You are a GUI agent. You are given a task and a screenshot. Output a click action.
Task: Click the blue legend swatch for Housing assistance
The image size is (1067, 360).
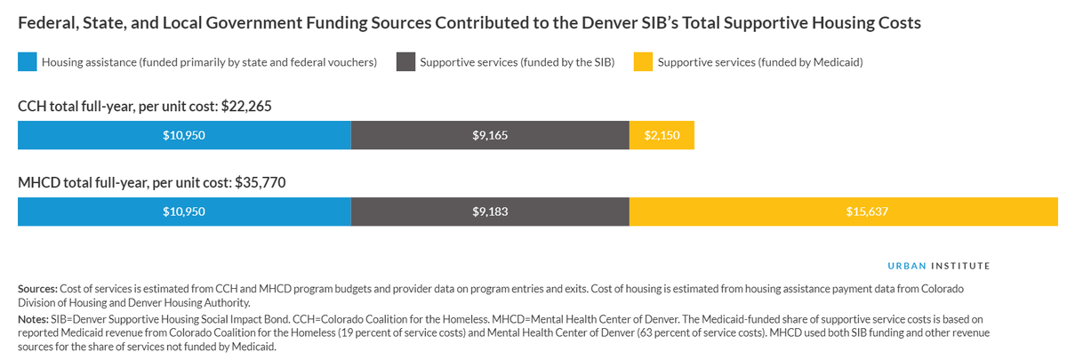coord(28,62)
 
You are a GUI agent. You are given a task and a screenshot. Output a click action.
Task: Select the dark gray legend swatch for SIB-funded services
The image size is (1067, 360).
coord(405,62)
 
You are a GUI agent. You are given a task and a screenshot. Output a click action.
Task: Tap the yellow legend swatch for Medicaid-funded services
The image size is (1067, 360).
coord(642,62)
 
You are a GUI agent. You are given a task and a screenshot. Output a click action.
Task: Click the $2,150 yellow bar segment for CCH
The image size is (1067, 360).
coord(662,136)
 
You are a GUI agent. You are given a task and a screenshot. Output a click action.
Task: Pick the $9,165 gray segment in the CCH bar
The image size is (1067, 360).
coord(490,136)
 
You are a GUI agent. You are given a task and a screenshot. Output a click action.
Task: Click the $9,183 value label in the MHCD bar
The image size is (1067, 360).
coord(490,212)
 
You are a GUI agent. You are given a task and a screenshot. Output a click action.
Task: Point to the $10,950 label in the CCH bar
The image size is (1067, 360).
coord(184,136)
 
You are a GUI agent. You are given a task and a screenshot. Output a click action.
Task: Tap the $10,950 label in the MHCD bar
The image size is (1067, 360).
coord(184,212)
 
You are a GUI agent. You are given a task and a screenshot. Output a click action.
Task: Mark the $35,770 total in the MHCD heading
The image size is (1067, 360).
coord(260,183)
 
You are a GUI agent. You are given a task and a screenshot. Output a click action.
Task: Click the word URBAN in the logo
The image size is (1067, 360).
coord(907,266)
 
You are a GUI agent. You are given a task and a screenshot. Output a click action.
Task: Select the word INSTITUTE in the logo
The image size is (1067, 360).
coord(960,266)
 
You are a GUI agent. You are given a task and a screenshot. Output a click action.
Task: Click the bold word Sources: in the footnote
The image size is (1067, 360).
coord(37,290)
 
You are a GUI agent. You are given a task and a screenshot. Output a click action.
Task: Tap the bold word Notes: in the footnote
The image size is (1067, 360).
coord(34,317)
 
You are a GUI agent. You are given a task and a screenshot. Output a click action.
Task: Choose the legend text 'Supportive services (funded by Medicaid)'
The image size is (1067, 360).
coord(760,62)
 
